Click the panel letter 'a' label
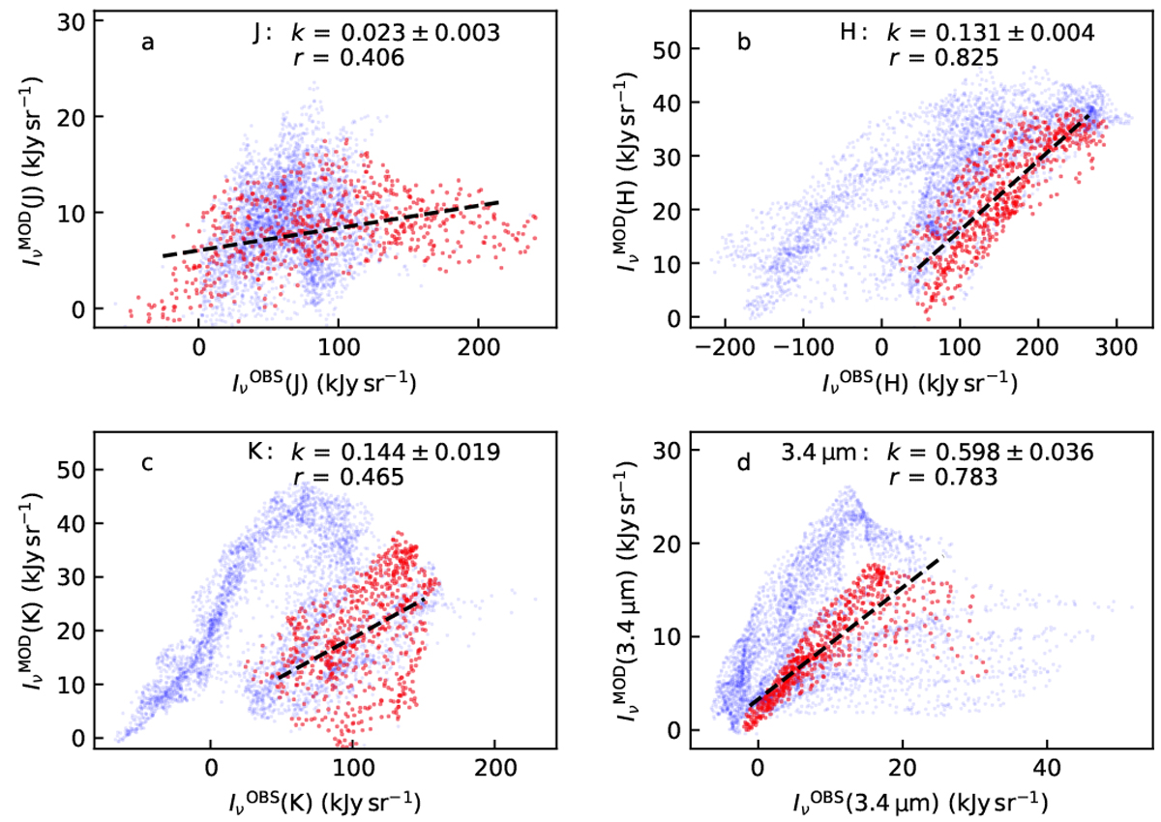[x=148, y=44]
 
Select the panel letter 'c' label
[x=147, y=462]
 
